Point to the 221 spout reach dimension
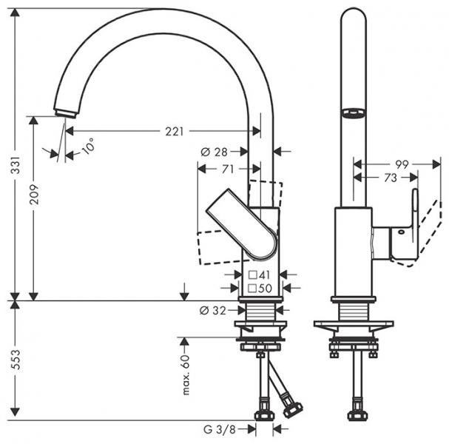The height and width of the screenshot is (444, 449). [x=173, y=131]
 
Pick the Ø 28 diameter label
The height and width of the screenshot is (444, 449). [x=214, y=152]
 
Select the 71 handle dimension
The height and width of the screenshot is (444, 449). [x=229, y=169]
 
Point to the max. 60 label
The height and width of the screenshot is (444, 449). [x=186, y=374]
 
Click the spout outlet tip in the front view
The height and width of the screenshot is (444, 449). [x=65, y=112]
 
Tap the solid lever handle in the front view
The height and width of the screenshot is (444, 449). [x=244, y=225]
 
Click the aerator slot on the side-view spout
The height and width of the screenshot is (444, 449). [x=353, y=112]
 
